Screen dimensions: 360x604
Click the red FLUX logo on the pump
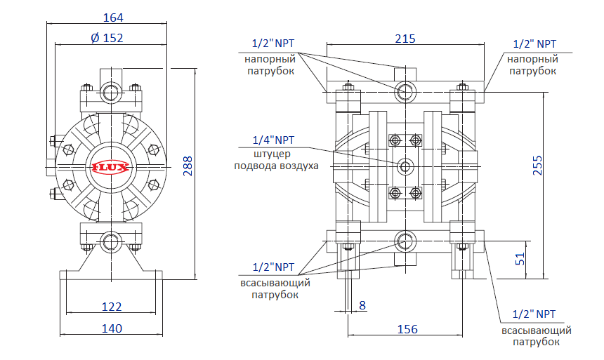(x=108, y=167)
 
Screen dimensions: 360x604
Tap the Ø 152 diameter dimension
(x=107, y=38)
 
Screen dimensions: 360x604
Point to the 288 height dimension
(x=188, y=165)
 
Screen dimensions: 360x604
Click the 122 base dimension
(x=112, y=307)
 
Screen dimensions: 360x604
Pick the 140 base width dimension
(x=112, y=328)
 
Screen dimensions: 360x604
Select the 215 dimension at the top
(x=405, y=39)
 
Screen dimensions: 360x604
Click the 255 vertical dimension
(x=538, y=164)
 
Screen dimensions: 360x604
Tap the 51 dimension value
(x=520, y=258)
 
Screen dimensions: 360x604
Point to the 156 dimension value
(x=407, y=328)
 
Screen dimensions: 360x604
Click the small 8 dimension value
(x=362, y=305)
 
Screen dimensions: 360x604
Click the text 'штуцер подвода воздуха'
(x=275, y=160)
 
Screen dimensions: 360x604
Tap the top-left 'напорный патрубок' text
(x=270, y=65)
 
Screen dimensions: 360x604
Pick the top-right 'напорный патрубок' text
(x=532, y=65)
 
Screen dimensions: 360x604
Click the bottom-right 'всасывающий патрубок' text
(x=535, y=335)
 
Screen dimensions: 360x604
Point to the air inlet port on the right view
(x=405, y=166)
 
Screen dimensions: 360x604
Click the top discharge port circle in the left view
(x=111, y=91)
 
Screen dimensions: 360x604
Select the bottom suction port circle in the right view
(x=405, y=241)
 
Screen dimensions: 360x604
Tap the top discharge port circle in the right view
(x=405, y=91)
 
